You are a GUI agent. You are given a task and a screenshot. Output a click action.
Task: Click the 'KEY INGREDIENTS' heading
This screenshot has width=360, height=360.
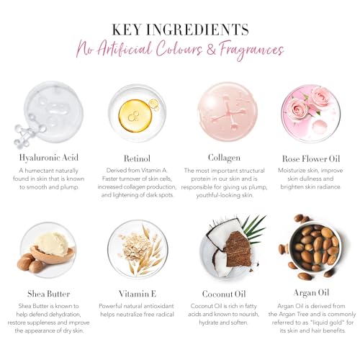coord(180,30)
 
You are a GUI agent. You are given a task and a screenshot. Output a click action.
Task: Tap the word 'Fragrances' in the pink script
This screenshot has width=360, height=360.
coord(251,51)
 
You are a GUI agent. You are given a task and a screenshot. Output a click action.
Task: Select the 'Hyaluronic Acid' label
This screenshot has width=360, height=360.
coord(49,158)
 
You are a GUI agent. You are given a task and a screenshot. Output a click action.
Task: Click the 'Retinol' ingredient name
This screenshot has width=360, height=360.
coord(137,158)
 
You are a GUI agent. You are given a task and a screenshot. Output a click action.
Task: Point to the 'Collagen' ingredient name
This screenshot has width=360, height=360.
coord(224,158)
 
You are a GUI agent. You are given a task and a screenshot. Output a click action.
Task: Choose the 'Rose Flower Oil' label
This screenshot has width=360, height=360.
coord(311,158)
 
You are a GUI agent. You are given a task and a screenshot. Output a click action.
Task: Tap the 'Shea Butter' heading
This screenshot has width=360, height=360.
coord(49,294)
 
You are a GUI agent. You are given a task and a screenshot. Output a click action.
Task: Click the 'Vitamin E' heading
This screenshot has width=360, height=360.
coord(138,294)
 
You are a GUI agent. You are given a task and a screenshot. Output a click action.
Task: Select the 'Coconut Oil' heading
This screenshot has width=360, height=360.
coord(224,294)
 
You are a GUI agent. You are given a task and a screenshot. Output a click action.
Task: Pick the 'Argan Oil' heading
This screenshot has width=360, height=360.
coord(311,293)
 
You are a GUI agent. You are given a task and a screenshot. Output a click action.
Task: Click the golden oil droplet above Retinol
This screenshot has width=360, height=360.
coord(135,116)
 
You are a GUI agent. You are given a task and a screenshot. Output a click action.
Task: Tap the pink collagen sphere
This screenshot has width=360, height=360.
coord(228,112)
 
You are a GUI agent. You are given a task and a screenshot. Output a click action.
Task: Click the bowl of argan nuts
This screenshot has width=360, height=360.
coord(315,248)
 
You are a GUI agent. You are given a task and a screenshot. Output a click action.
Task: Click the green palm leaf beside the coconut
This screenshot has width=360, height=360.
coord(253,228)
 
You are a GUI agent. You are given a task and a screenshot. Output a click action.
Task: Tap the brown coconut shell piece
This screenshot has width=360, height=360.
coord(237,249)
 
